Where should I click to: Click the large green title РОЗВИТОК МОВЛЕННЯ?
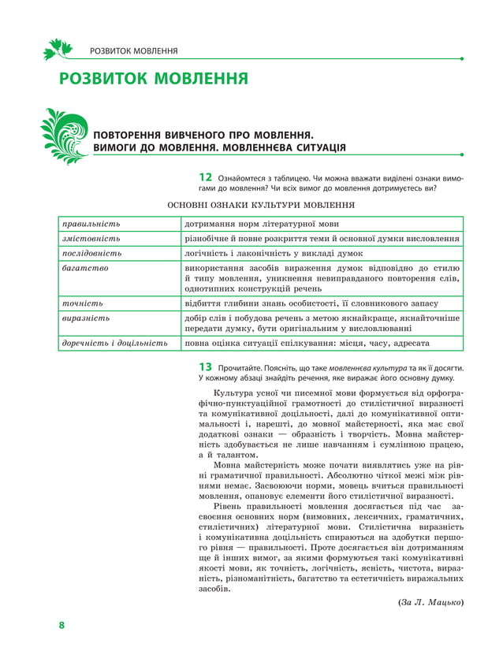pyautogui.click(x=154, y=80)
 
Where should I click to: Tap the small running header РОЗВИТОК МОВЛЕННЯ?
pyautogui.click(x=133, y=51)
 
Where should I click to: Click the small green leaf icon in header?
pyautogui.click(x=58, y=50)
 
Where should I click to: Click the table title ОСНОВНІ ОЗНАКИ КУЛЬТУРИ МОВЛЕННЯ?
pyautogui.click(x=261, y=205)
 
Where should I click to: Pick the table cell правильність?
pyautogui.click(x=91, y=224)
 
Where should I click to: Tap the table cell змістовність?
pyautogui.click(x=91, y=239)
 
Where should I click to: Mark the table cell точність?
pyautogui.click(x=83, y=303)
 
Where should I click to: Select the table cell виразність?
pyautogui.click(x=86, y=318)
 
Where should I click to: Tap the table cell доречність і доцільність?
pyautogui.click(x=115, y=344)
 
